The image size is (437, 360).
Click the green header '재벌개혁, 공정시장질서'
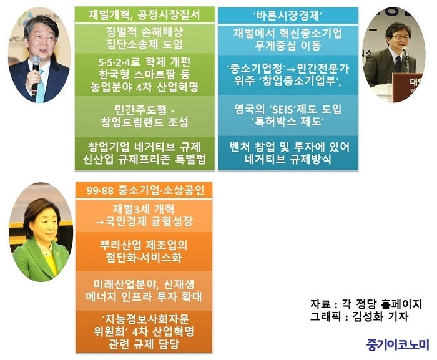[144, 15]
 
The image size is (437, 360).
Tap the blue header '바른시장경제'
[288, 16]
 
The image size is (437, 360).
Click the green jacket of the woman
[41, 261]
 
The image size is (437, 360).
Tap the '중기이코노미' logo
[398, 344]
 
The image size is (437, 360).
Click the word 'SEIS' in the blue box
[282, 109]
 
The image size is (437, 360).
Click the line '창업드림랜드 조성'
[145, 122]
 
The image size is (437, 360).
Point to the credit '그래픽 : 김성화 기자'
[359, 316]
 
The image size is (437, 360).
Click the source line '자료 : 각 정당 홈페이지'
[366, 304]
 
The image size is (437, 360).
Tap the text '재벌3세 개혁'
[144, 209]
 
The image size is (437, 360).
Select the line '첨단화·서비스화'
[144, 257]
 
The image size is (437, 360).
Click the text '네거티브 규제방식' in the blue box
[288, 159]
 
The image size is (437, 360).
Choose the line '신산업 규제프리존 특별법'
[144, 159]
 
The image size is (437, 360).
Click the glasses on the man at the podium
[399, 37]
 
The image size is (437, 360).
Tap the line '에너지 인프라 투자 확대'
[144, 297]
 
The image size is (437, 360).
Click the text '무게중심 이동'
[288, 46]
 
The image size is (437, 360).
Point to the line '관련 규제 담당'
[144, 344]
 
